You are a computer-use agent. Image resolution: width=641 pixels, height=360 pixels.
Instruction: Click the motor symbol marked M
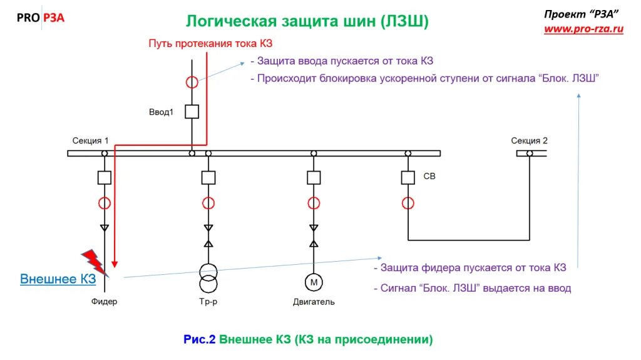tap(313, 282)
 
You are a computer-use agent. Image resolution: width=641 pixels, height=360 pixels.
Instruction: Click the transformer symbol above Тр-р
tap(208, 277)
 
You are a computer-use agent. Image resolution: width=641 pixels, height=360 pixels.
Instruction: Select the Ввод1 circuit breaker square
tap(192, 111)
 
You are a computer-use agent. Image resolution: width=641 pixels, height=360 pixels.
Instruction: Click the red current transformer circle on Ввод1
tap(192, 81)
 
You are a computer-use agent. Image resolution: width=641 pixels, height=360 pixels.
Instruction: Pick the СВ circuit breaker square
tap(408, 178)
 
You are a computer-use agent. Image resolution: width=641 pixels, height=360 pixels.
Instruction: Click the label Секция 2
tap(529, 141)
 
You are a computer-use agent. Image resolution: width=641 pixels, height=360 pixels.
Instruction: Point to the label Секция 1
tap(90, 141)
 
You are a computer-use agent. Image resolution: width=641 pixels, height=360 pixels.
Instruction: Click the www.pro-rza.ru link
tap(583, 29)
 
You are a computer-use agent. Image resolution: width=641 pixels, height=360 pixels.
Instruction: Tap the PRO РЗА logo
tap(40, 18)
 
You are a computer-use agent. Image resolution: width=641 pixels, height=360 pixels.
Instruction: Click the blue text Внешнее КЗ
tap(58, 279)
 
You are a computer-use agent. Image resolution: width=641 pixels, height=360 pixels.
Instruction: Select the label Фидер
tap(104, 302)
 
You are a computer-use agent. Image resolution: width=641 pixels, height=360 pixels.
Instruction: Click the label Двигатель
tap(314, 302)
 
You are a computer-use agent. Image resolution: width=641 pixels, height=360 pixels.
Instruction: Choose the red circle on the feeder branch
tap(105, 203)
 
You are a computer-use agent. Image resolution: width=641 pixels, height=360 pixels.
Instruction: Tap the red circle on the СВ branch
tap(408, 203)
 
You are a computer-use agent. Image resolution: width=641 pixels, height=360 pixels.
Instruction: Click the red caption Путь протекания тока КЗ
tap(210, 43)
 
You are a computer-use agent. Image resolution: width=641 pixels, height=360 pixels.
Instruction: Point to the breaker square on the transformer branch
tap(208, 178)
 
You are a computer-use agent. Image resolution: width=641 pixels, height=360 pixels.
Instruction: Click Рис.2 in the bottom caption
tap(199, 339)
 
